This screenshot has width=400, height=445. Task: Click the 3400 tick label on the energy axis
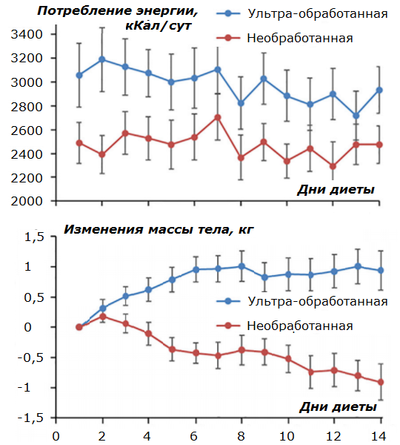tap(27, 34)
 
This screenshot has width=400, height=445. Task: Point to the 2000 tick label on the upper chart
tap(27, 201)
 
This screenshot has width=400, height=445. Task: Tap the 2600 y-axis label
tap(27, 131)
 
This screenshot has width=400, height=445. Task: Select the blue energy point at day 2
tap(102, 59)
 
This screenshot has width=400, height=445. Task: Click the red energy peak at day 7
tap(218, 117)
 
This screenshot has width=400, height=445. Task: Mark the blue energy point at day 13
tap(356, 116)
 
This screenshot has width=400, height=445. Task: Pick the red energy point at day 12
tap(333, 167)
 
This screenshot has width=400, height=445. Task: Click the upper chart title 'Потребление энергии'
tap(118, 11)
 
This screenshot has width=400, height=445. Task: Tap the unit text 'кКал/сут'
tap(159, 26)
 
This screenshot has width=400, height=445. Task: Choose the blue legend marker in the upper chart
tap(228, 13)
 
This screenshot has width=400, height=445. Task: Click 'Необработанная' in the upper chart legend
tap(300, 38)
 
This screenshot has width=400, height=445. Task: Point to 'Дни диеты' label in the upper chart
tap(336, 190)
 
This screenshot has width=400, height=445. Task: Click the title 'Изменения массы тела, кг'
tap(159, 229)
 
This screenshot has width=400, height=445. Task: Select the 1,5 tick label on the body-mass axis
tap(34, 237)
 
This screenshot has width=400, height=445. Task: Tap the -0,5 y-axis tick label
tap(31, 357)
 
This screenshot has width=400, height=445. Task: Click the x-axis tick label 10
tap(287, 436)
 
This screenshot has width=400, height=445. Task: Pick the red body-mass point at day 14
tap(381, 382)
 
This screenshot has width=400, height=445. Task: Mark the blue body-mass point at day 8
tap(241, 266)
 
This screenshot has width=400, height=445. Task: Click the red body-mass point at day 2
tap(103, 317)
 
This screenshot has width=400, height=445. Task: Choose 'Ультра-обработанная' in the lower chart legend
tap(318, 301)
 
